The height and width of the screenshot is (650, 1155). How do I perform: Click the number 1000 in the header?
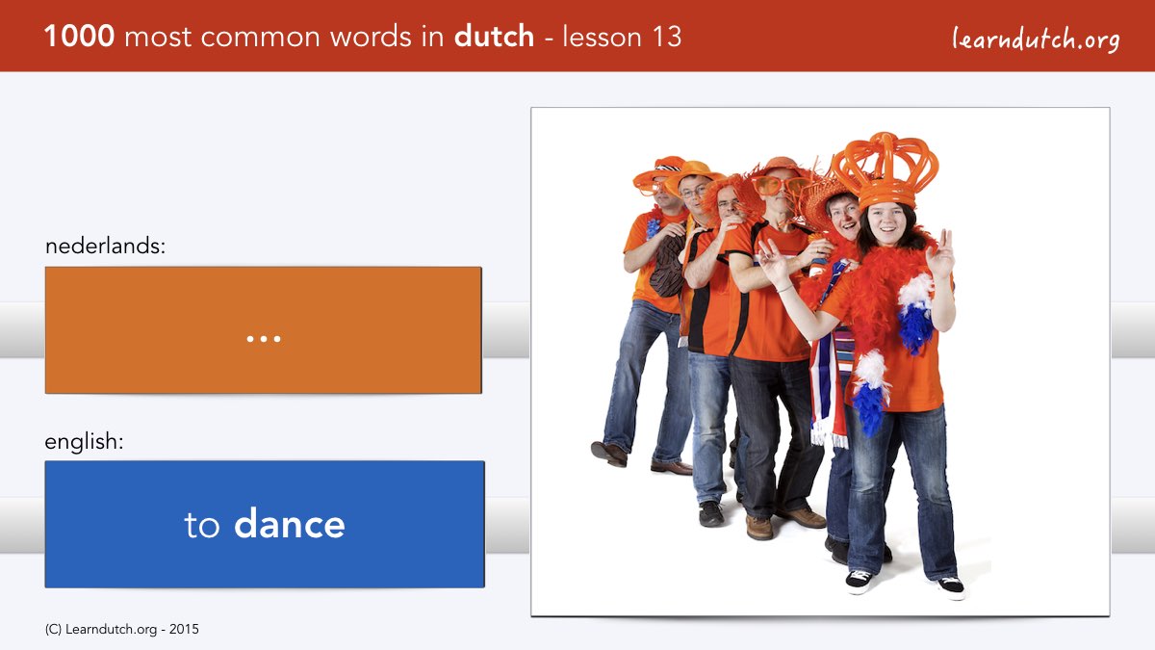[79, 37]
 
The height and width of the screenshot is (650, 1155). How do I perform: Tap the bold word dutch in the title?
[494, 37]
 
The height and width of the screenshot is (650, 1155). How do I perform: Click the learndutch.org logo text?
[1036, 39]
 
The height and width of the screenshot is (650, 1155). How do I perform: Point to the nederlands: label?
[105, 247]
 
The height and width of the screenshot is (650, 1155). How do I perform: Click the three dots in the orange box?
[264, 339]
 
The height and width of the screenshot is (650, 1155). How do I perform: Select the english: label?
[84, 442]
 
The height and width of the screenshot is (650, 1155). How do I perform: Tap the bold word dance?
[290, 524]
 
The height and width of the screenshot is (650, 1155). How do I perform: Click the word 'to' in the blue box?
[201, 526]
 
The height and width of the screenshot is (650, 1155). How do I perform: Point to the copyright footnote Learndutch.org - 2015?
[121, 630]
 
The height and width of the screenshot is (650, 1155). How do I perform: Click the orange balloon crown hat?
[885, 170]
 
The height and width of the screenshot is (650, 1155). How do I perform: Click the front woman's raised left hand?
[941, 255]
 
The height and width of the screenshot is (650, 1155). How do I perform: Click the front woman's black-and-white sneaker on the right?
[950, 587]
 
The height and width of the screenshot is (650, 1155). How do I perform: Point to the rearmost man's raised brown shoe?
[609, 454]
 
